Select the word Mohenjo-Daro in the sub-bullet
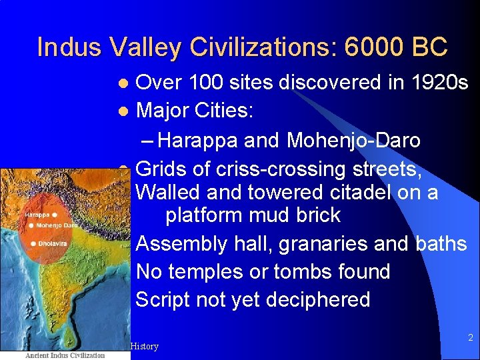tap(354, 141)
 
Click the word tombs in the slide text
tap(305, 272)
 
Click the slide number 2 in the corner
tap(470, 338)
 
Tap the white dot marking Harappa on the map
tap(54, 215)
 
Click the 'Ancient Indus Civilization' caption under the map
tap(65, 355)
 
